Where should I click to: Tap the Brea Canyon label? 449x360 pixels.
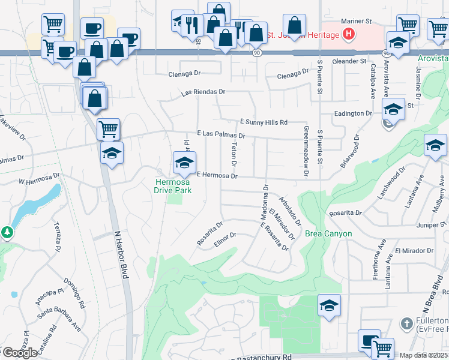click(328, 233)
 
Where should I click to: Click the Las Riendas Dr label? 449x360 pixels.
click(203, 93)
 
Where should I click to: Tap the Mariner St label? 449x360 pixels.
click(354, 22)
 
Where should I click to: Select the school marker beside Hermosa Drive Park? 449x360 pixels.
click(184, 161)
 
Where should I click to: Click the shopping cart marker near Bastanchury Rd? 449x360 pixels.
click(382, 347)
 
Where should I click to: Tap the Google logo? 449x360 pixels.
click(19, 352)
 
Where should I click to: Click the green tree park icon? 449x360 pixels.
click(7, 232)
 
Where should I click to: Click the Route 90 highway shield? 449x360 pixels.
click(256, 53)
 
